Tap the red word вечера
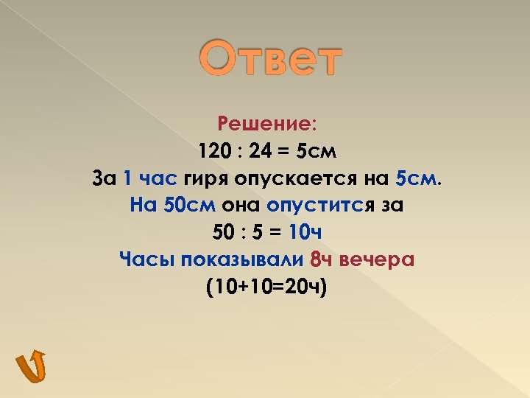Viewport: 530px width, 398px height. (379, 259)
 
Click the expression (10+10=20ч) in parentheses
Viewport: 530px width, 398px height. (266, 287)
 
